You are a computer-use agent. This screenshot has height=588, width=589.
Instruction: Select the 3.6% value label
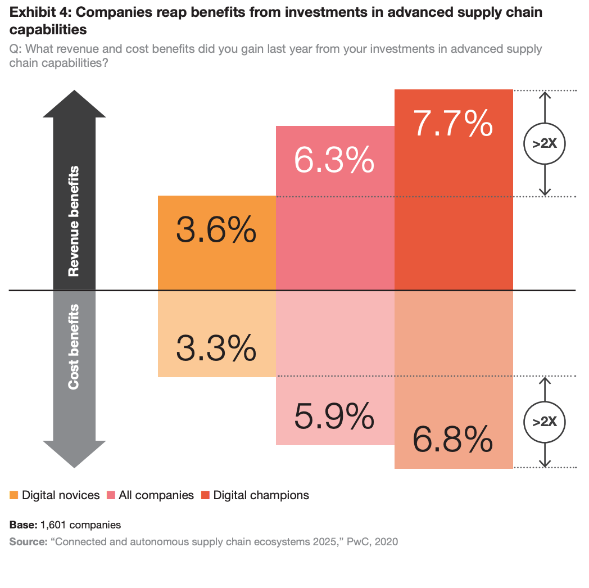[x=216, y=230]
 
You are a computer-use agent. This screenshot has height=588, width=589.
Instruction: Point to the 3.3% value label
[x=216, y=348]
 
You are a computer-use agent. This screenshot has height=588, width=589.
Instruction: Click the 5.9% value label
[x=334, y=415]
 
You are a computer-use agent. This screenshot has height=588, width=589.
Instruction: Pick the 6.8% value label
[x=454, y=439]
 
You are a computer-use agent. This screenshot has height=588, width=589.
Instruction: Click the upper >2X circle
[x=543, y=143]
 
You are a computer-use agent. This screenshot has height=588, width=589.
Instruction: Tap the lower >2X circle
[x=543, y=421]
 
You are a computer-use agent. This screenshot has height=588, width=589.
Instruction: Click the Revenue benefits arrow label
[x=74, y=221]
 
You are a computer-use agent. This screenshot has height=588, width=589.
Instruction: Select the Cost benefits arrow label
[x=74, y=347]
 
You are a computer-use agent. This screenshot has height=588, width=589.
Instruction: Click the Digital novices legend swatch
[x=14, y=495]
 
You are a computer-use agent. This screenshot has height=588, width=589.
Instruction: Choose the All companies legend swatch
[x=111, y=495]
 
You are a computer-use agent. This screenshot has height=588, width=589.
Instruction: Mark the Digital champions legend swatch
[x=205, y=495]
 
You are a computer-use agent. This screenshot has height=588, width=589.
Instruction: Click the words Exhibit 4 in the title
[x=37, y=12]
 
